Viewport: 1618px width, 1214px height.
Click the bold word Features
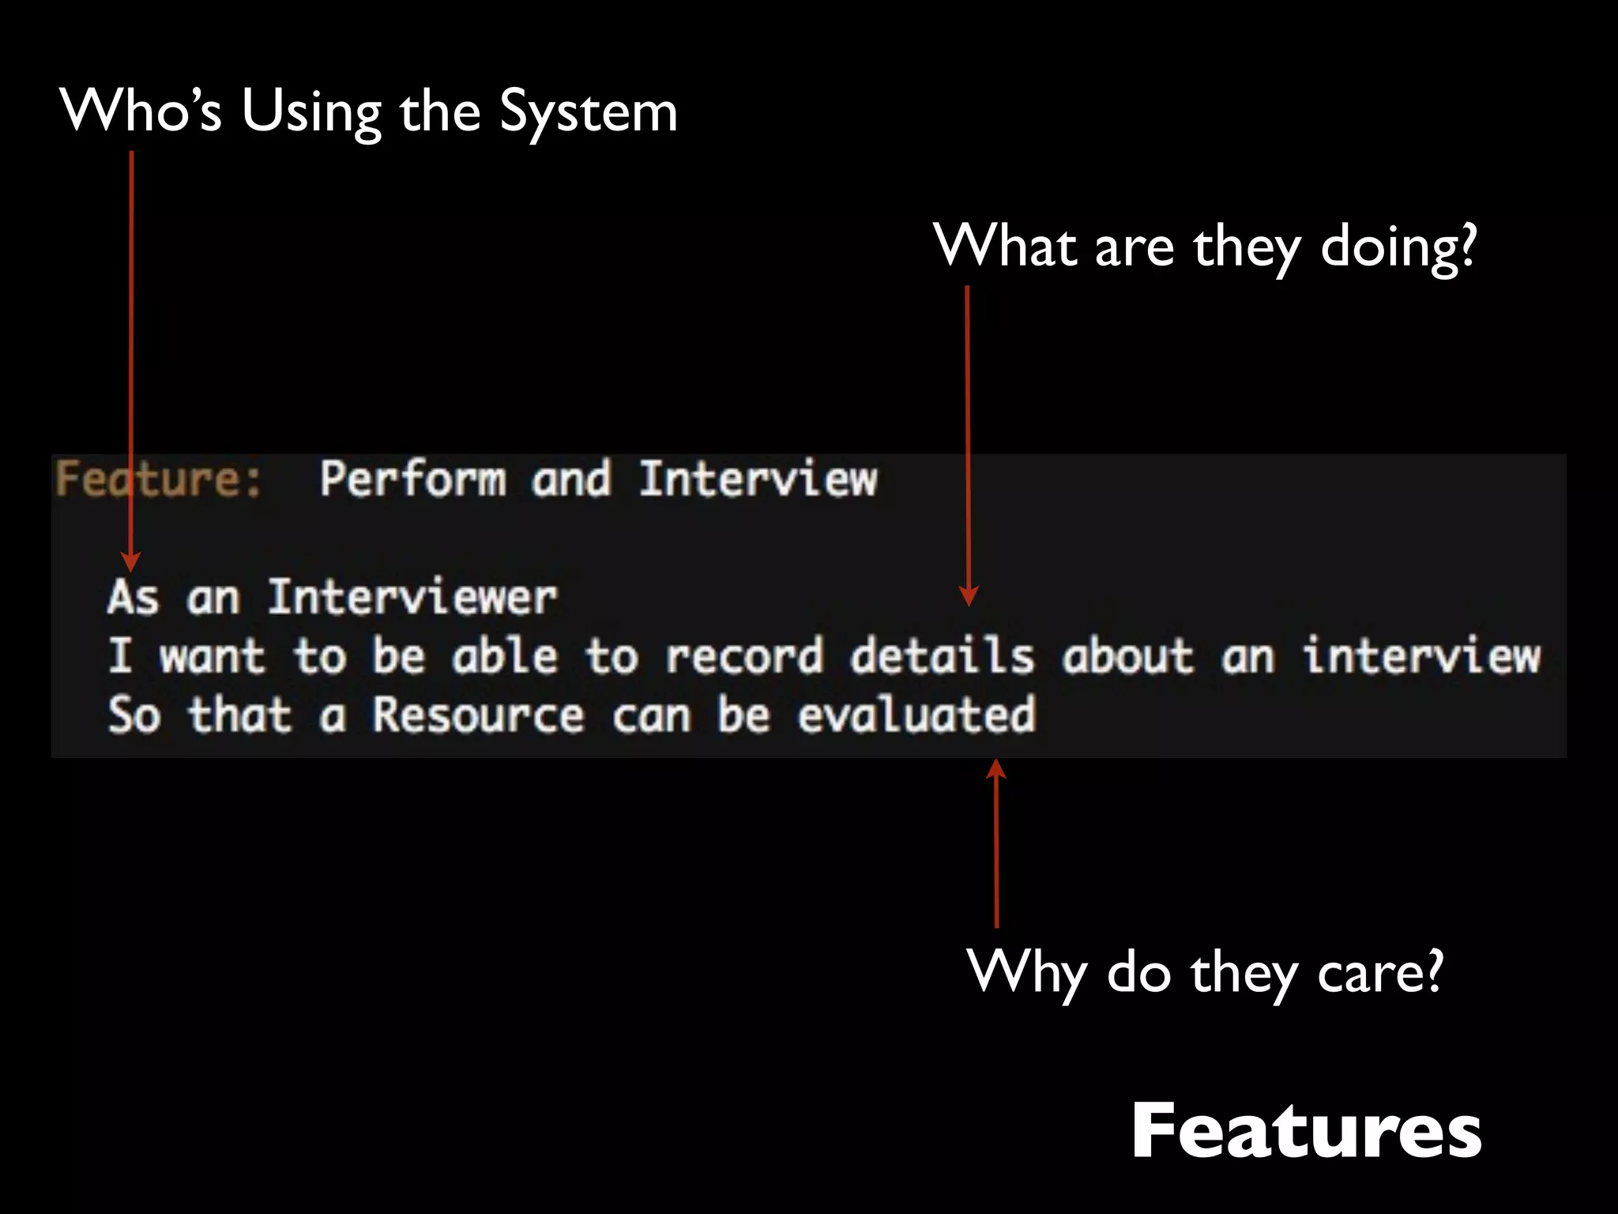(1305, 1132)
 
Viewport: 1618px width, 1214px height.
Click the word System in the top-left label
(588, 112)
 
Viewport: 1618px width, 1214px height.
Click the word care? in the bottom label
(1379, 972)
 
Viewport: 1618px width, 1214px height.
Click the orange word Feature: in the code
(158, 479)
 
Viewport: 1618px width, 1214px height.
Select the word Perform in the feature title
(412, 479)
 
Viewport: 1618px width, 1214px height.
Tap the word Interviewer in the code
(412, 598)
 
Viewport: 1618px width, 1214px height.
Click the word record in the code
(743, 657)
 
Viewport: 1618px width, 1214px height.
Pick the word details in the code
(941, 657)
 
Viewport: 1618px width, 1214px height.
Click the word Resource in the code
(478, 715)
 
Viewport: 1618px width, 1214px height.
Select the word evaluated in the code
(916, 715)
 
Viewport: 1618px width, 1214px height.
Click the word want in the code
(212, 657)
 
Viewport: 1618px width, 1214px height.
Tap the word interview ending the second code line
(1420, 657)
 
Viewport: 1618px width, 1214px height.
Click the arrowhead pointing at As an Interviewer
(131, 562)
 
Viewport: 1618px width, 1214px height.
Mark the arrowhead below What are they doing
(969, 596)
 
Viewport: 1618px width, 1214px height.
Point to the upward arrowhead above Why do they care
(996, 768)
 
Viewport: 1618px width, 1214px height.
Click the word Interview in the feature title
(758, 479)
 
